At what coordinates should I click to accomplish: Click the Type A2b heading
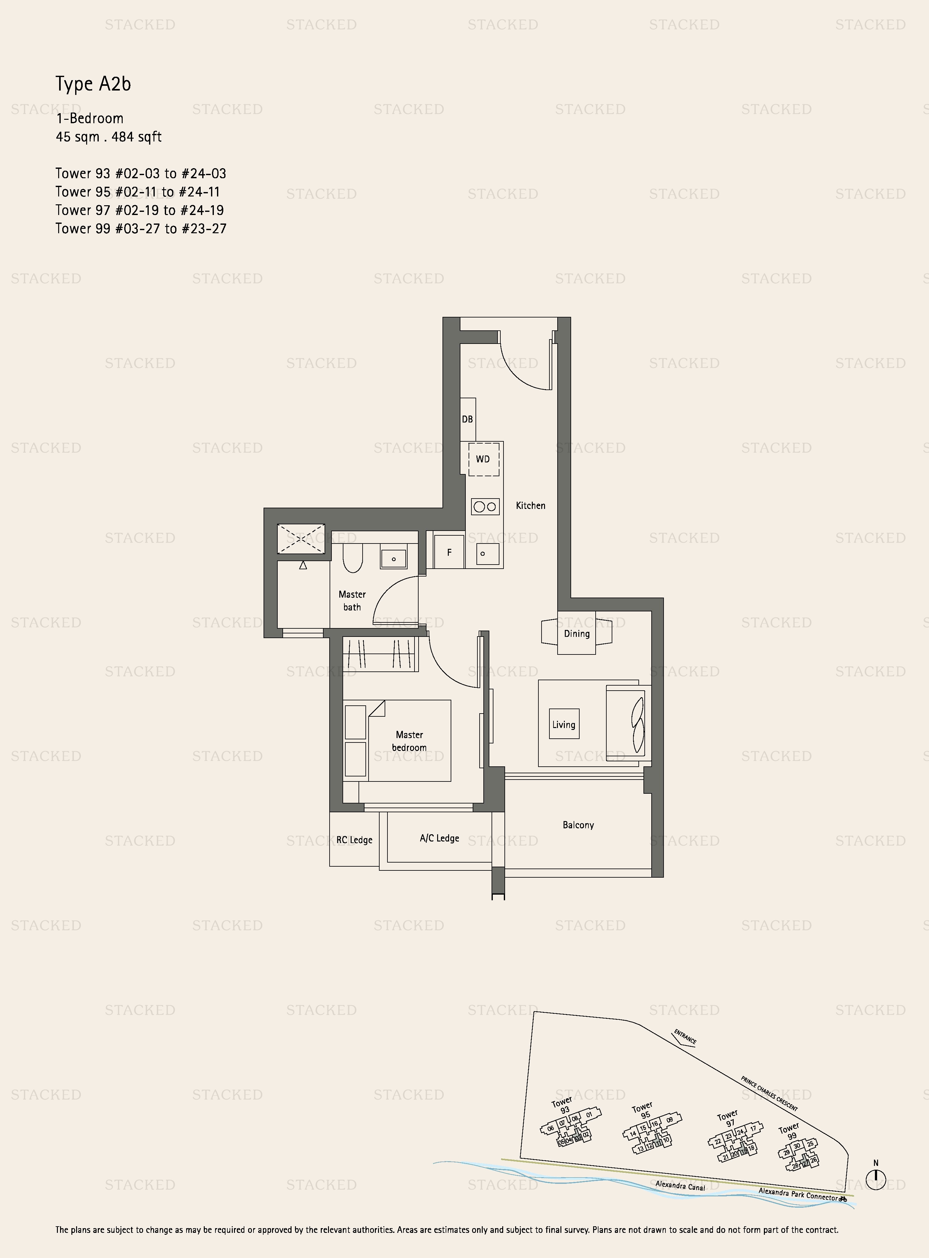point(93,84)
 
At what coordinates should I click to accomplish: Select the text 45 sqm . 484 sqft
point(108,137)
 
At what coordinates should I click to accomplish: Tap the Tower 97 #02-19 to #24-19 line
point(139,210)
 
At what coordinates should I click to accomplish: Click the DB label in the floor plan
point(467,419)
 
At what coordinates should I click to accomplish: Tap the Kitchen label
point(530,506)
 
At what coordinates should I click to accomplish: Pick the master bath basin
point(394,559)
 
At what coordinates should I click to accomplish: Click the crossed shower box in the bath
point(301,538)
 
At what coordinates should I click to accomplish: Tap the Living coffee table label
point(564,725)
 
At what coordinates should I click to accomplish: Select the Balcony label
point(578,825)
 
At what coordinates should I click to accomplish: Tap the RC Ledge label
point(354,840)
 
